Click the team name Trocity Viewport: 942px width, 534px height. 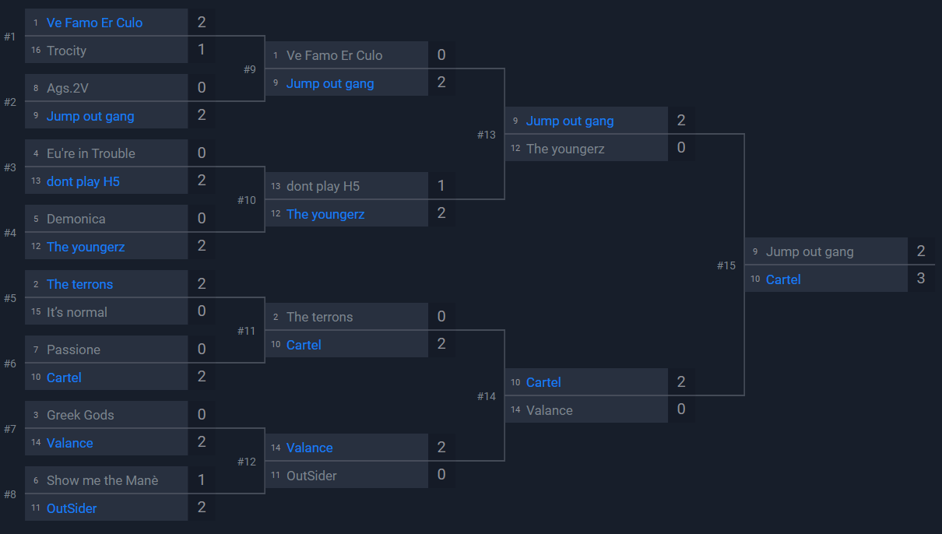tap(66, 51)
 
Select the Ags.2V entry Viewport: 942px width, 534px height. tap(68, 88)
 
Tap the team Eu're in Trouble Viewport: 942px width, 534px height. tap(90, 153)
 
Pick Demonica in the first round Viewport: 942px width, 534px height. tap(76, 219)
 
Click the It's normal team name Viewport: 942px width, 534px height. tap(77, 312)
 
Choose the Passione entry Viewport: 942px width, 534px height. tap(73, 350)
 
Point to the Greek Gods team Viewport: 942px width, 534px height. tap(80, 415)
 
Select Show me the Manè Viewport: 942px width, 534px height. tap(102, 480)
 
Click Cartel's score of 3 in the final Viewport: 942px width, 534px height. tap(921, 279)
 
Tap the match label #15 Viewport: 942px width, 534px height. tap(726, 265)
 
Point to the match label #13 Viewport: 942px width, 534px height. tap(486, 135)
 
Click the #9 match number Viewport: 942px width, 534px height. tap(249, 69)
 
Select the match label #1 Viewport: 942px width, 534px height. tap(9, 37)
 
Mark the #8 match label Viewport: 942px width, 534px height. tap(9, 494)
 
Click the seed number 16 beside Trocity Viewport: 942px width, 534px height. tap(36, 51)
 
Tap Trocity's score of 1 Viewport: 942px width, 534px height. tap(202, 50)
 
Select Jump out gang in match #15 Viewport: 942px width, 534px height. tap(810, 251)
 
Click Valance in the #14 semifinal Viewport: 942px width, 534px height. tap(549, 410)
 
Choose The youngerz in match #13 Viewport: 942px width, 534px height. tap(565, 149)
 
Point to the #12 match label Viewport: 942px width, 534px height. tap(246, 462)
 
